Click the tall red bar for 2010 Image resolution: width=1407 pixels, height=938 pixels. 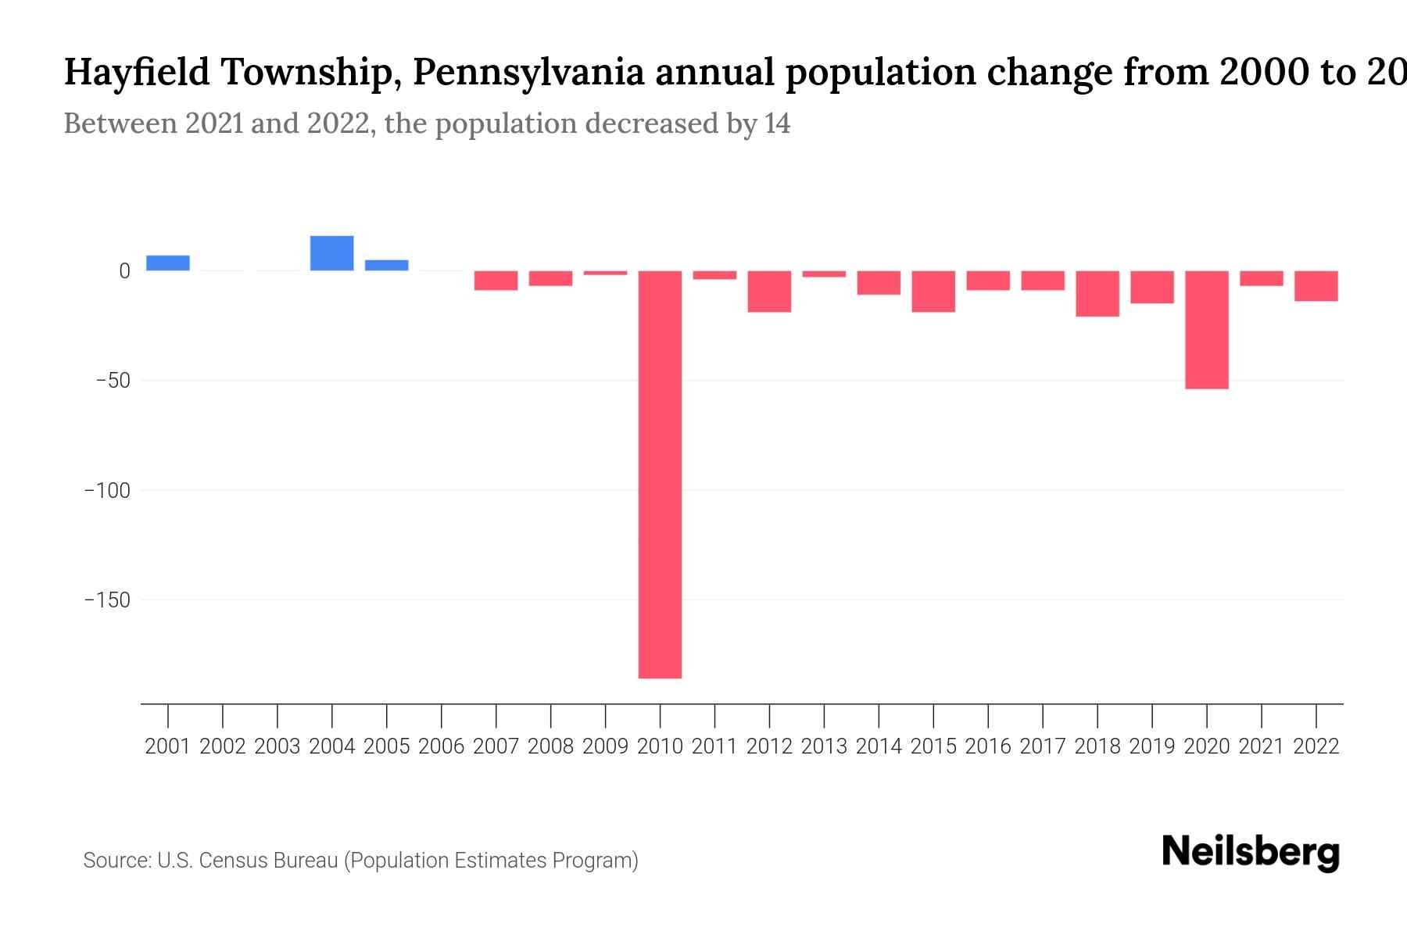(x=660, y=474)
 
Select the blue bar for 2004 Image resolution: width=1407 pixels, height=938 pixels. (x=331, y=253)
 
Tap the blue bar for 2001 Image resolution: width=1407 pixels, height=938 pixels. (x=167, y=263)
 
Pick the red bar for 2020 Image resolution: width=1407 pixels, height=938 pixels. (x=1206, y=329)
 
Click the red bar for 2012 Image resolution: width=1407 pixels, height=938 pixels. (x=769, y=292)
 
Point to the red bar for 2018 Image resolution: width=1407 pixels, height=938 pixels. (x=1097, y=294)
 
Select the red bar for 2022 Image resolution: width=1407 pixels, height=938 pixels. (x=1316, y=286)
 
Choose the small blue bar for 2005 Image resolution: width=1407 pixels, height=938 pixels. (x=386, y=266)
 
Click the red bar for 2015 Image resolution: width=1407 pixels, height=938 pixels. (x=933, y=292)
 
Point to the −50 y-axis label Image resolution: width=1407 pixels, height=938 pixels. (x=113, y=381)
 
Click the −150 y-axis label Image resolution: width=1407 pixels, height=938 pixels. (x=107, y=600)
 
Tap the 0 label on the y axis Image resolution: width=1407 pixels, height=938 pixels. (x=124, y=271)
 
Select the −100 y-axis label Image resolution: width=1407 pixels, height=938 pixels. (x=107, y=490)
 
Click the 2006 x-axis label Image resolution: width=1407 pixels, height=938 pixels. (x=441, y=746)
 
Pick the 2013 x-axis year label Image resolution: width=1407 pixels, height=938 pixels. (x=823, y=746)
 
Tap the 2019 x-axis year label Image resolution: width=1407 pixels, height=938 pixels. (x=1151, y=746)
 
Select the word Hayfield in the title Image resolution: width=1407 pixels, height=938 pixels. (x=137, y=73)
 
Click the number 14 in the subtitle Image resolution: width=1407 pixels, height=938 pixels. (x=777, y=124)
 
